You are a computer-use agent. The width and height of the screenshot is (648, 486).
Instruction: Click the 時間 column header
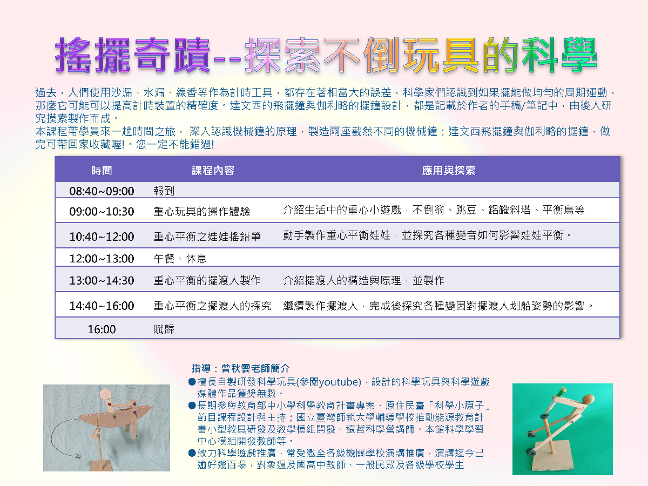[102, 170]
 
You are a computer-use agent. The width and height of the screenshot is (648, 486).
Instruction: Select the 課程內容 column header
[213, 170]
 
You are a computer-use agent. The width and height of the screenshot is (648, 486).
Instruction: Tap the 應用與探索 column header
[448, 170]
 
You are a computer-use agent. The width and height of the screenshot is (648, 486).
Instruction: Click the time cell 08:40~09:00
[102, 191]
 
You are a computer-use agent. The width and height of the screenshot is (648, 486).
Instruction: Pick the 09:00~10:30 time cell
[102, 211]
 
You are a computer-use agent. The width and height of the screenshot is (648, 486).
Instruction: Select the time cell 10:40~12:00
[102, 237]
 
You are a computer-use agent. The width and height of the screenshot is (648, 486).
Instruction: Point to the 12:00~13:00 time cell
[102, 259]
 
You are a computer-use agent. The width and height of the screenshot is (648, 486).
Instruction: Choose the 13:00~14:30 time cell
[102, 280]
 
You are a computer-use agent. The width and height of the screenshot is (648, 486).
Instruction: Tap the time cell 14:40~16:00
[102, 306]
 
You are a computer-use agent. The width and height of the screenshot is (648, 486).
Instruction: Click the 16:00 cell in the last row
[102, 329]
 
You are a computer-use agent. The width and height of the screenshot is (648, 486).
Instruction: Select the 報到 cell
[164, 191]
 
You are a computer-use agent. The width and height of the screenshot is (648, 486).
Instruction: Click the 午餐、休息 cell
[180, 259]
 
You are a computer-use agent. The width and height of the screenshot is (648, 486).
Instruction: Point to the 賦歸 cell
[164, 329]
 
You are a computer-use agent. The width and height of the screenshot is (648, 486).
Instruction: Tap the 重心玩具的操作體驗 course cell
[201, 211]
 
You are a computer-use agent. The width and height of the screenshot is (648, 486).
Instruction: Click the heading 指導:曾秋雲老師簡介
[241, 368]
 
